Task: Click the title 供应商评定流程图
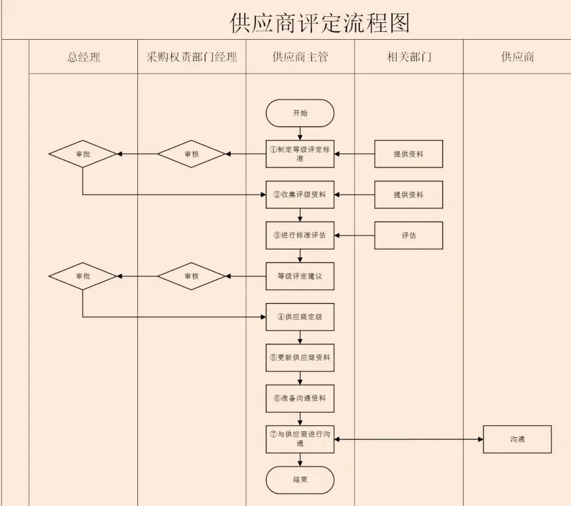(320, 23)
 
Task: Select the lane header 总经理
(84, 57)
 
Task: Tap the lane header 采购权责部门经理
(191, 57)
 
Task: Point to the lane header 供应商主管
(300, 57)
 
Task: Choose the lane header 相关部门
(409, 57)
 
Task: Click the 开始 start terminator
(300, 113)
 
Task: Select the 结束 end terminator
(300, 480)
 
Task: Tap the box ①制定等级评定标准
(300, 154)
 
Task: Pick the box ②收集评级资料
(300, 195)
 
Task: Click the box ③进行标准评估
(300, 235)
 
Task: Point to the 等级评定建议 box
(300, 276)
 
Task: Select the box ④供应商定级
(300, 317)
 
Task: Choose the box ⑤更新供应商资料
(300, 357)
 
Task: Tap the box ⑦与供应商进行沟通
(300, 439)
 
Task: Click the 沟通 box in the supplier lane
(517, 439)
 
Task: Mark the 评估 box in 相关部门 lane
(409, 235)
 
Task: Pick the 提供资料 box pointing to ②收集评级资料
(409, 195)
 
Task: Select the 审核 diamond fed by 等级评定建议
(191, 276)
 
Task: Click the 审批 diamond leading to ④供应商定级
(82, 276)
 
